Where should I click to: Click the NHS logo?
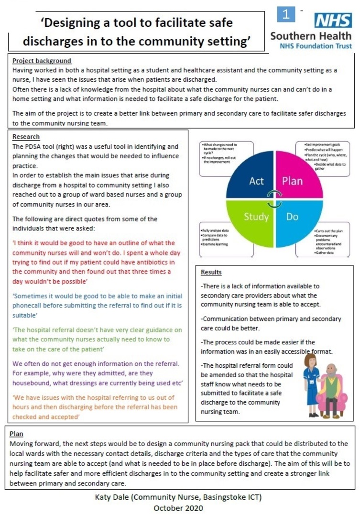pyautogui.click(x=333, y=21)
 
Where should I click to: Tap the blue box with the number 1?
pyautogui.click(x=287, y=14)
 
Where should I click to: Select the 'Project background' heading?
pyautogui.click(x=42, y=61)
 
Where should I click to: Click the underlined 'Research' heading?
pyautogui.click(x=26, y=137)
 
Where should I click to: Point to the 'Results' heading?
pyautogui.click(x=211, y=273)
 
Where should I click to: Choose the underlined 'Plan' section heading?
pyautogui.click(x=17, y=434)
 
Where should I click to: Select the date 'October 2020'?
pyautogui.click(x=178, y=508)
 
